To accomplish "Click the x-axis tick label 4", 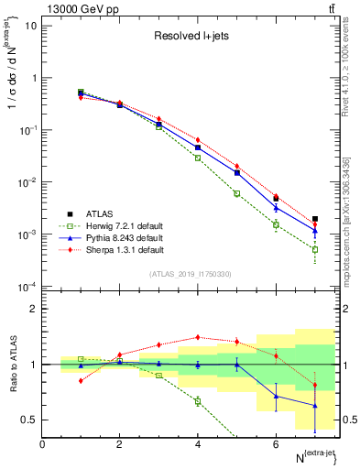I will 198,445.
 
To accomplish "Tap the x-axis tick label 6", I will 276,445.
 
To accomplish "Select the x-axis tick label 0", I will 42,445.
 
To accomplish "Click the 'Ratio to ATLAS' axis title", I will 11,364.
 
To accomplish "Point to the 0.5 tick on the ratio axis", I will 27,420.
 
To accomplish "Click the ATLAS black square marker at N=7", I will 314,219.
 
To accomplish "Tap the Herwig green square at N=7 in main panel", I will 314,249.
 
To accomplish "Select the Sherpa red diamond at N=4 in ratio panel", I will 198,337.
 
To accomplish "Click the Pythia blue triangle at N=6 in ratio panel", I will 276,397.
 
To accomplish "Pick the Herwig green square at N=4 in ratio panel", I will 198,400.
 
